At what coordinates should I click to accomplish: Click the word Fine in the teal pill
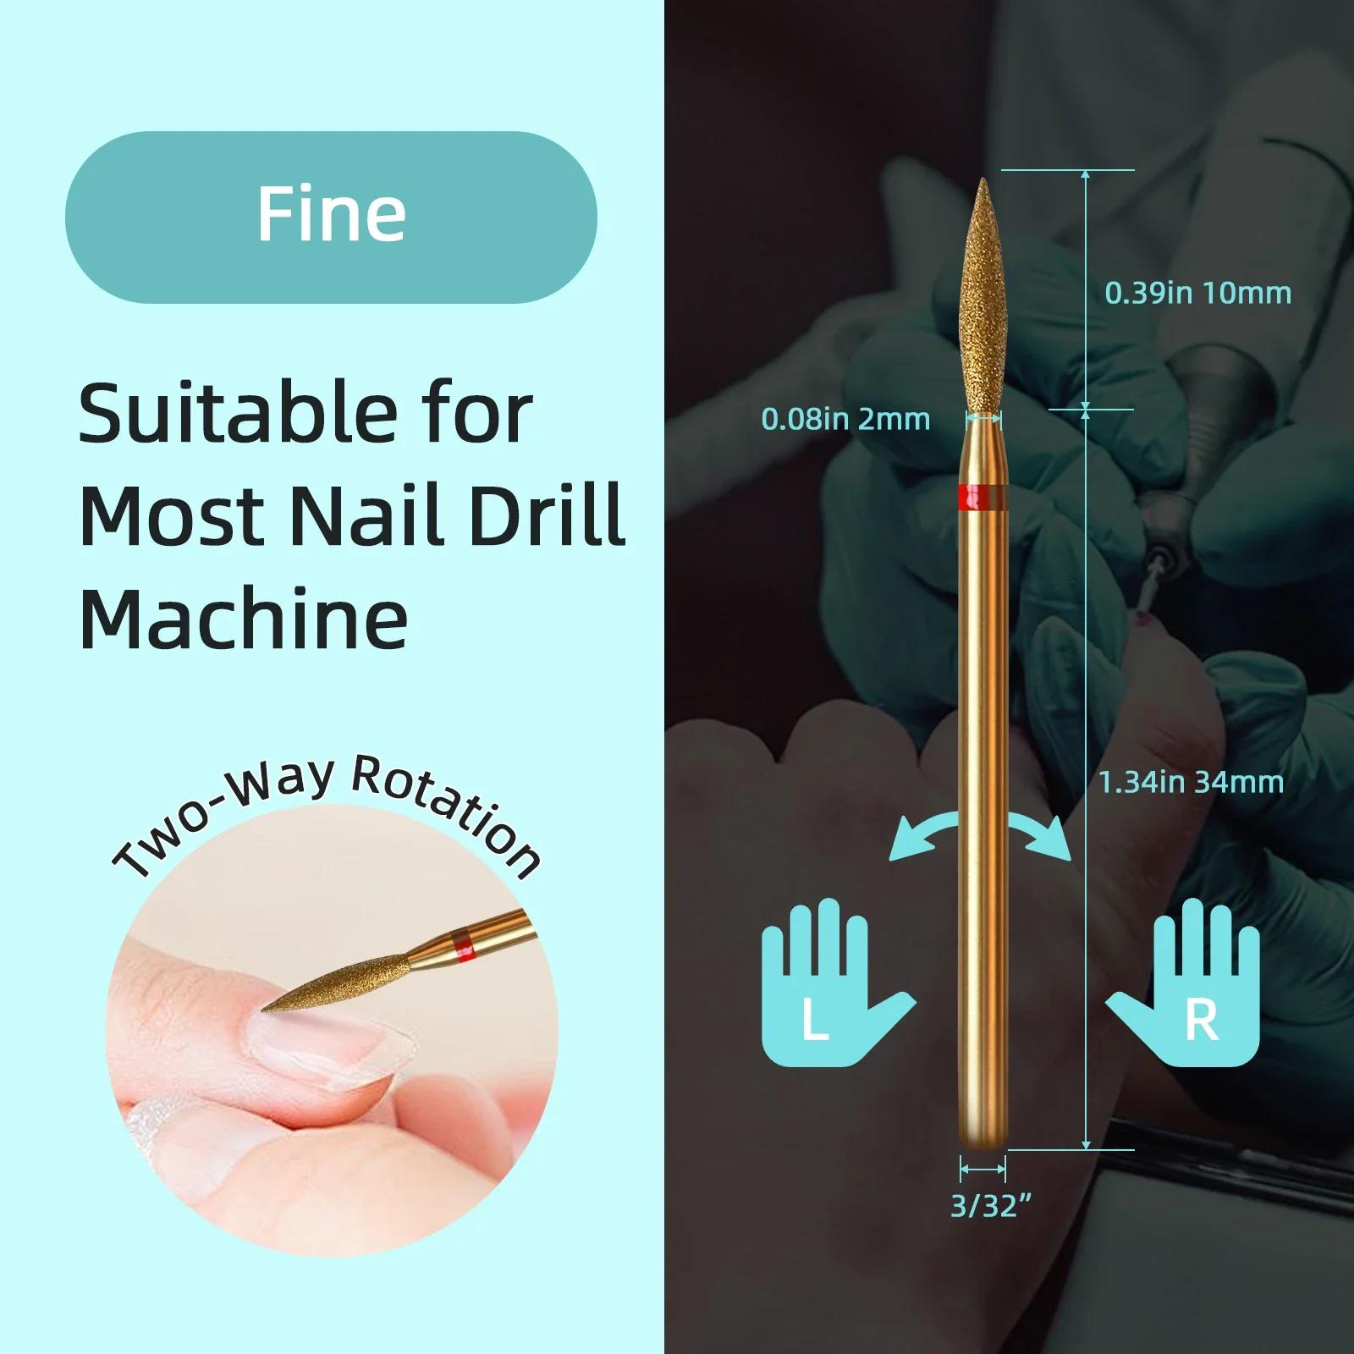331,215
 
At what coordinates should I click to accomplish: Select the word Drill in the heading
548,514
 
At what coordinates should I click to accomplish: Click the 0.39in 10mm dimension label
1197,293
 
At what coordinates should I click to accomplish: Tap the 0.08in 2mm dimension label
845,419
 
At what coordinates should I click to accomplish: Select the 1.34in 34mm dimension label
1192,782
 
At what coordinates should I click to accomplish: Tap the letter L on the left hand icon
814,1021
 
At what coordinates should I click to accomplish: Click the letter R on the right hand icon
1202,1021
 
